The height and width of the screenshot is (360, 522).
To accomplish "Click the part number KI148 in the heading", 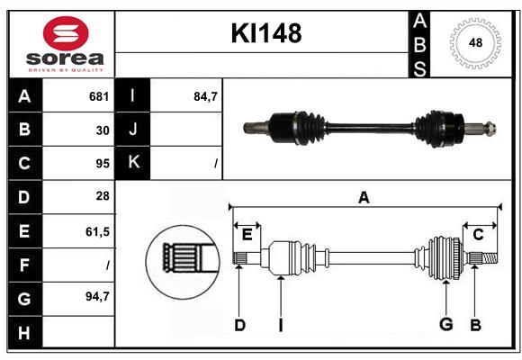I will [265, 34].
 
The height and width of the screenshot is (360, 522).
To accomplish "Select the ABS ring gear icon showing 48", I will [475, 42].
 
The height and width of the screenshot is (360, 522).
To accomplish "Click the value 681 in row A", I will [98, 96].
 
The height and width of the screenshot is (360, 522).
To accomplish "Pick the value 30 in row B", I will [103, 130].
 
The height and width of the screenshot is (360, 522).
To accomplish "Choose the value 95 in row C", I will [103, 164].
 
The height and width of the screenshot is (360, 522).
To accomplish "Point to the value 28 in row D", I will [103, 196].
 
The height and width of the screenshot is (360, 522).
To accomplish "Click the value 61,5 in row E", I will [97, 231].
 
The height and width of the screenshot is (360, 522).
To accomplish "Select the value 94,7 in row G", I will [97, 296].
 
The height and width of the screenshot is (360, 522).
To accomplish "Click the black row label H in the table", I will [23, 332].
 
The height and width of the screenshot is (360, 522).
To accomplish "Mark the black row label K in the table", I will [133, 163].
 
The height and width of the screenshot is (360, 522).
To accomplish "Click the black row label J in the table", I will [133, 130].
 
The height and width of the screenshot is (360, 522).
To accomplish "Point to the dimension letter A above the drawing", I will [364, 198].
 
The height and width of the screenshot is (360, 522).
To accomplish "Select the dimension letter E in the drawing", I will [247, 235].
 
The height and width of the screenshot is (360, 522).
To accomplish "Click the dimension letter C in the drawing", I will [478, 234].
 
